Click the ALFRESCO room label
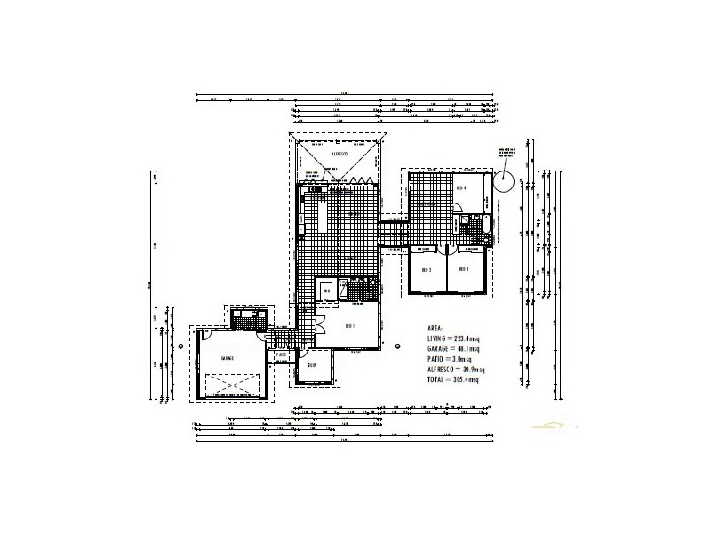(338, 155)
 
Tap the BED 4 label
(461, 187)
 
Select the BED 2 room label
(426, 269)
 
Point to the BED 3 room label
(463, 269)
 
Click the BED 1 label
(349, 326)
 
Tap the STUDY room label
(312, 365)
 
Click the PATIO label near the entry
(281, 355)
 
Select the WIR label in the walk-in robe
(326, 290)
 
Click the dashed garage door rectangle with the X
(233, 386)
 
